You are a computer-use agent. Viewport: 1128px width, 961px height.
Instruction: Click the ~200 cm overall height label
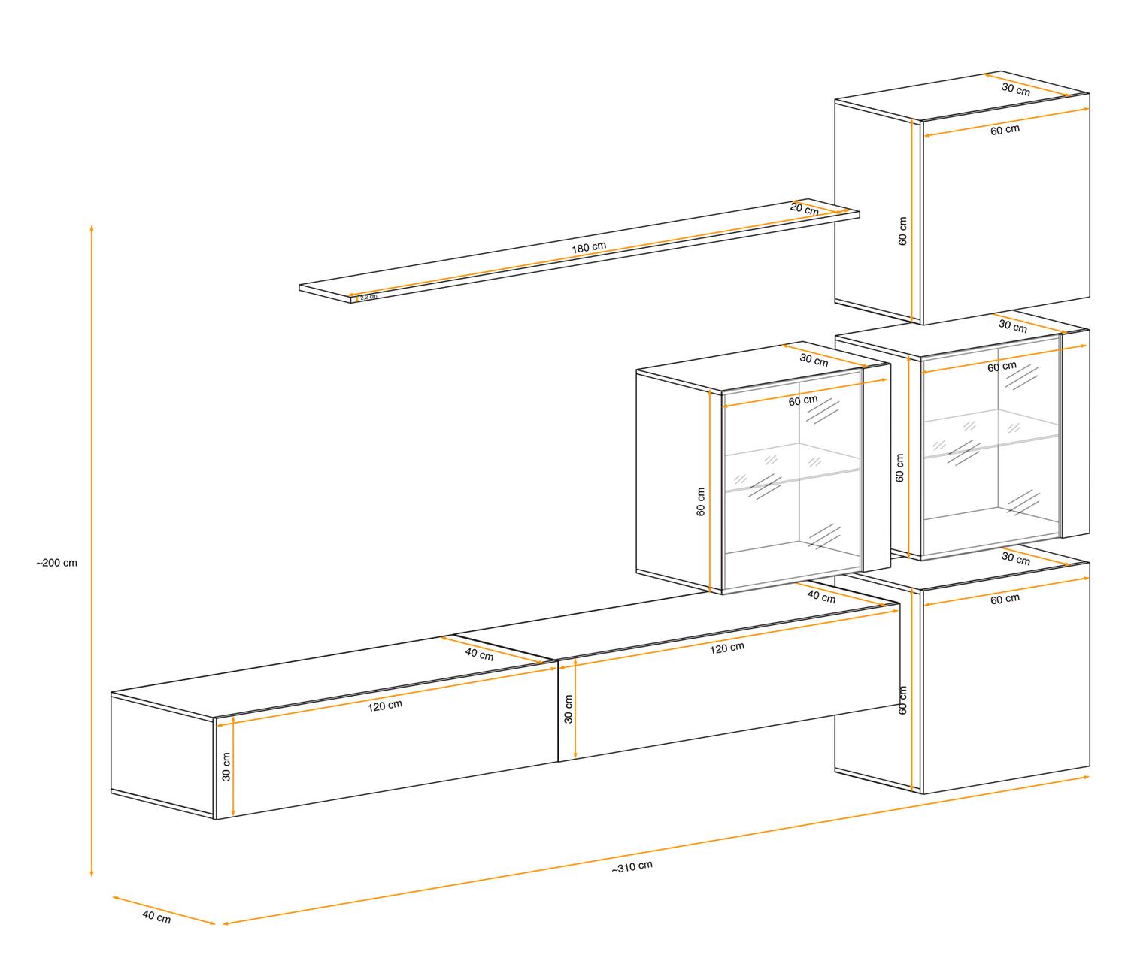(56, 563)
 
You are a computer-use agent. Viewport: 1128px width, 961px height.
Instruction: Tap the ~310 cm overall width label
(632, 866)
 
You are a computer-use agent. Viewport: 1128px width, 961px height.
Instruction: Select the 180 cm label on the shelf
(589, 248)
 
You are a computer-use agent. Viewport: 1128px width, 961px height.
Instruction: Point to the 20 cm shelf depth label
(805, 209)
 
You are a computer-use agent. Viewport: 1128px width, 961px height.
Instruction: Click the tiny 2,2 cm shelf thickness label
(368, 297)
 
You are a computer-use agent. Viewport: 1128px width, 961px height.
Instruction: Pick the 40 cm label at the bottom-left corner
(156, 917)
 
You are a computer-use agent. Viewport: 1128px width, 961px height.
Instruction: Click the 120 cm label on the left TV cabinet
(385, 706)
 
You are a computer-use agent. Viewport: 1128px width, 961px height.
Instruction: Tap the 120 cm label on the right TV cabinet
(727, 648)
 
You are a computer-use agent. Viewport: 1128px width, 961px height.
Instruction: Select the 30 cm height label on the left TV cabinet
(226, 766)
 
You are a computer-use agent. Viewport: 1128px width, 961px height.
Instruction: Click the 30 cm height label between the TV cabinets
(569, 709)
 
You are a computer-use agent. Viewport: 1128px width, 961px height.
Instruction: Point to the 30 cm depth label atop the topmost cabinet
(1016, 89)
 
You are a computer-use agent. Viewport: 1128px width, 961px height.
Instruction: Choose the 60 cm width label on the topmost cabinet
(1005, 130)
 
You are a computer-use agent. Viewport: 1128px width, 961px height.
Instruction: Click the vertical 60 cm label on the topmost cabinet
(902, 231)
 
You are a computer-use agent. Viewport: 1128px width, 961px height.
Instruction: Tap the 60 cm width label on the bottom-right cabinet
(1005, 599)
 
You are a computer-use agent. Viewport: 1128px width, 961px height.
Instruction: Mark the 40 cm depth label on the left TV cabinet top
(479, 654)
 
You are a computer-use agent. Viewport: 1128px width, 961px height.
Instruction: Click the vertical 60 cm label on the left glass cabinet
(701, 502)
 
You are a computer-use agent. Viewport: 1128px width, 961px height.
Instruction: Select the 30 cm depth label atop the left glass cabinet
(814, 359)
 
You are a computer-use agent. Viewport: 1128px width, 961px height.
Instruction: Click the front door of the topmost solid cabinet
(1005, 218)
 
